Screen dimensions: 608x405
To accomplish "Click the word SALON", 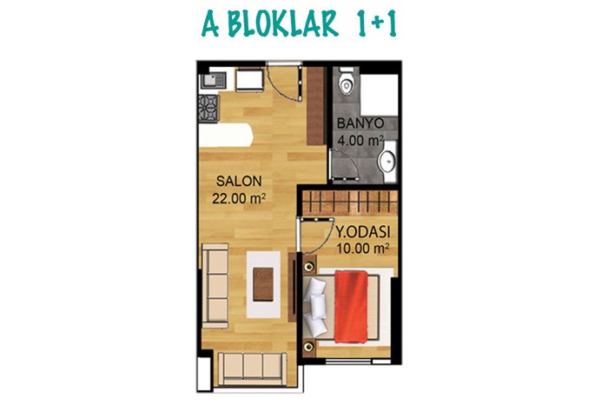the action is pos(239,181).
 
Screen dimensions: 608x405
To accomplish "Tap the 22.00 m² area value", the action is pos(239,199).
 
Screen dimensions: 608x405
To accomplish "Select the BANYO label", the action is pos(360,123).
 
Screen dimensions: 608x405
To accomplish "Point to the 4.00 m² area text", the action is pos(360,140).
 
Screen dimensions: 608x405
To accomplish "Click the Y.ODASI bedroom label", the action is pos(362,232).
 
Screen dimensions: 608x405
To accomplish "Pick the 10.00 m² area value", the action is pos(362,249).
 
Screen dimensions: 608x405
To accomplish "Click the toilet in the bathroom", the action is pos(346,81).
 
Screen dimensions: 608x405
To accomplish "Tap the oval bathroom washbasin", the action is pos(387,160).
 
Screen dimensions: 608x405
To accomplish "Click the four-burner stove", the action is pos(208,109).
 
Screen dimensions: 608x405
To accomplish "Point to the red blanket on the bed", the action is pos(351,307).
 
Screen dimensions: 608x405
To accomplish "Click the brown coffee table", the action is pos(263,285).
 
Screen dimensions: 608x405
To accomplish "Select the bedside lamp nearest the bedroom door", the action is pos(309,267).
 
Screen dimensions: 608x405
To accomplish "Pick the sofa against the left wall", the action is pos(215,286).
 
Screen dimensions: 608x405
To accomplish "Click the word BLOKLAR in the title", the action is pos(282,24).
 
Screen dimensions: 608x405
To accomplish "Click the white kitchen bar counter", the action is pos(226,135).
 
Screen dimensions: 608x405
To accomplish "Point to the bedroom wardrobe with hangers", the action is pos(350,202).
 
